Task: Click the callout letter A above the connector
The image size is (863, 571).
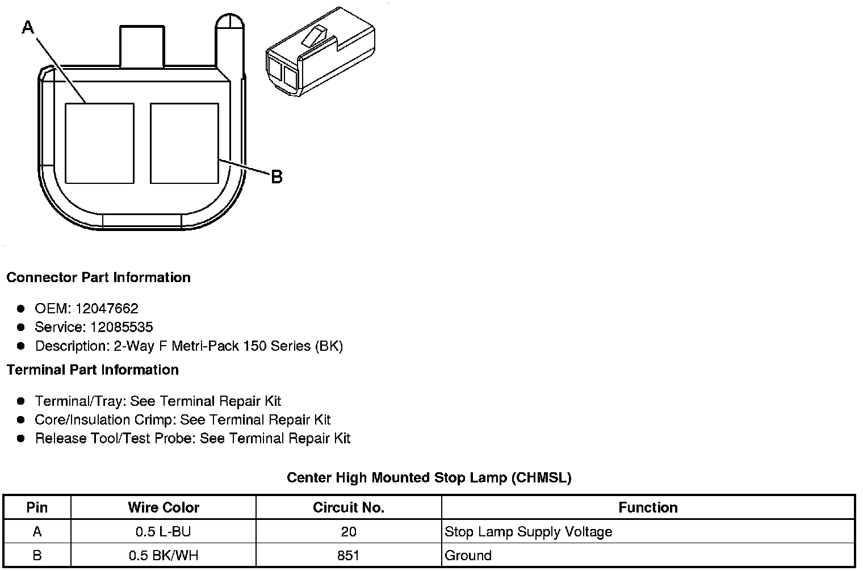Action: point(28,26)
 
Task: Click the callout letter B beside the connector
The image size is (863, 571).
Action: point(277,177)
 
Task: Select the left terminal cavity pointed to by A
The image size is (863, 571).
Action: point(100,143)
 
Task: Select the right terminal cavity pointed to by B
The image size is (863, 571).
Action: point(185,143)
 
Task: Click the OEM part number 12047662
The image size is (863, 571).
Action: point(107,309)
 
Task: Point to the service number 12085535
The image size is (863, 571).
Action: point(122,328)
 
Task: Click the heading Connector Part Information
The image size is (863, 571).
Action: point(98,278)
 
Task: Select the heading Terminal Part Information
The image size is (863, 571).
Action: point(93,370)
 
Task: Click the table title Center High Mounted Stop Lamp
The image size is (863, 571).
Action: point(429,478)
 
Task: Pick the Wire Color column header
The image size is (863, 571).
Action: point(164,507)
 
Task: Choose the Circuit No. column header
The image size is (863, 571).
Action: point(349,507)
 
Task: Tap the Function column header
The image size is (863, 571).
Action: point(648,507)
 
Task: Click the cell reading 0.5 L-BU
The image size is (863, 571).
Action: point(163,532)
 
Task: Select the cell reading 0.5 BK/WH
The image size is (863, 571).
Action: point(164,555)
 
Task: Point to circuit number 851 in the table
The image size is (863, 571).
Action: point(348,555)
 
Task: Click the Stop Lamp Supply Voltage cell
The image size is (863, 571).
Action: point(528,532)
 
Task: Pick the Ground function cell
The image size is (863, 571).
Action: point(468,555)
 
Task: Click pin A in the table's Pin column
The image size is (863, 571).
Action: point(37,532)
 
